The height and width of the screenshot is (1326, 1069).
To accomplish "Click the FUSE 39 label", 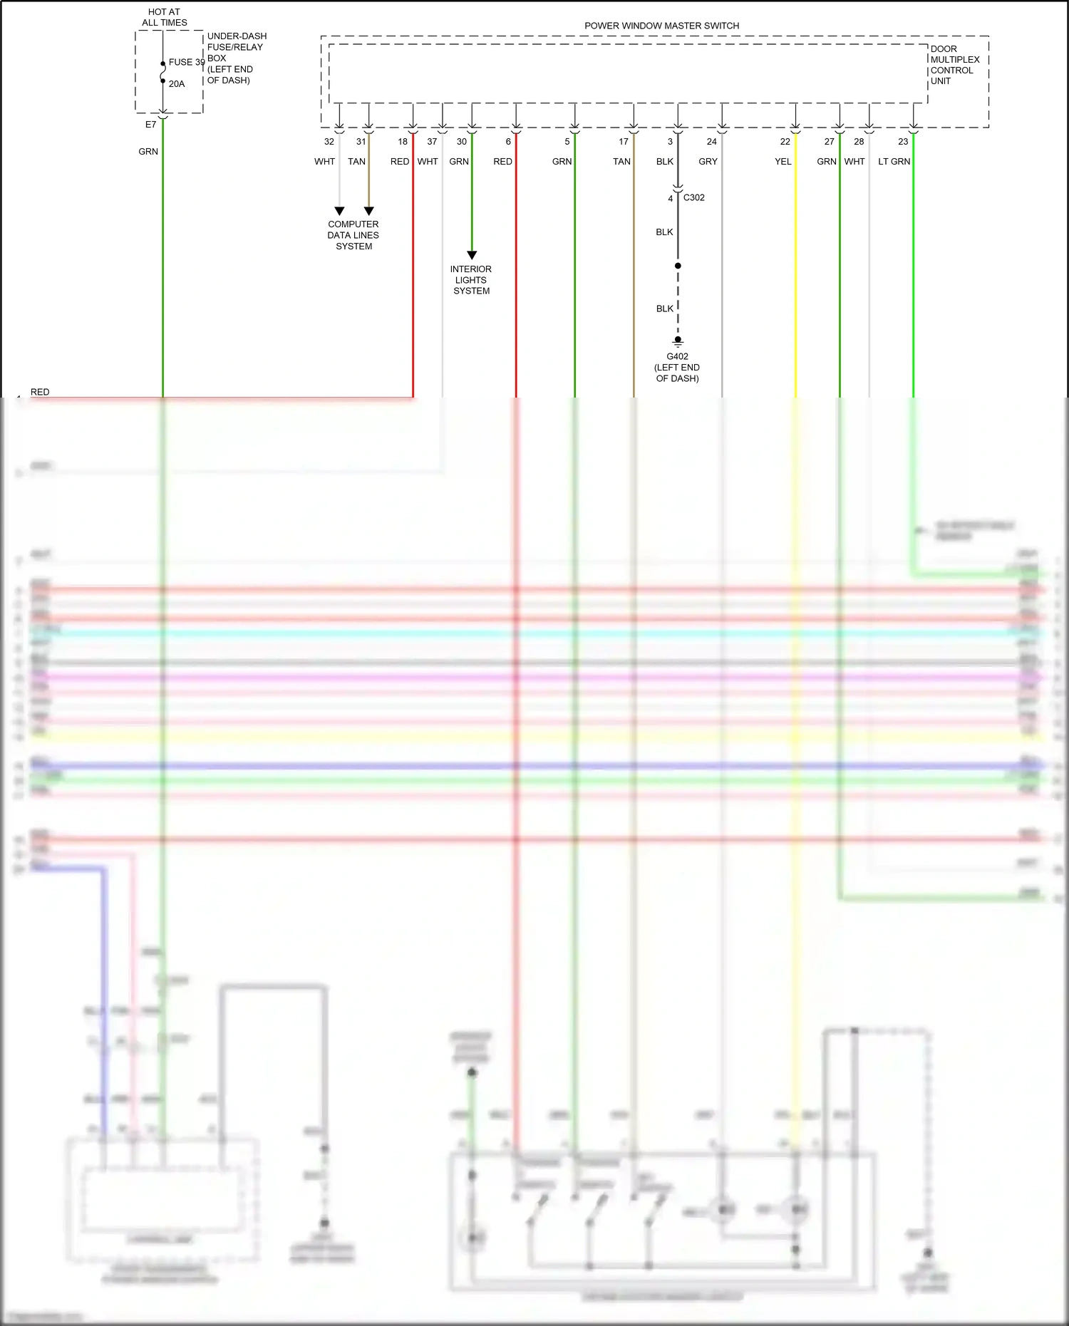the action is [186, 63].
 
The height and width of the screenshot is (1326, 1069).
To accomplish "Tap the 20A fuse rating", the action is [177, 84].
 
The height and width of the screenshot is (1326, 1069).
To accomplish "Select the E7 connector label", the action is [150, 125].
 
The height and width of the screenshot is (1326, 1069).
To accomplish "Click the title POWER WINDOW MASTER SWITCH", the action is [661, 26].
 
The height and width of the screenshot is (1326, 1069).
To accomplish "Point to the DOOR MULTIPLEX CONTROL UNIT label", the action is [954, 65].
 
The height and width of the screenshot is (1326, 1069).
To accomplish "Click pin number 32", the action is [329, 142].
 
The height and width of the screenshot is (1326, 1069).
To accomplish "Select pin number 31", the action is [361, 142].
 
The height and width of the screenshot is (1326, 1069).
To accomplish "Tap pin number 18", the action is [403, 142].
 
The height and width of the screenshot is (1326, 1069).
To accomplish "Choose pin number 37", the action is [432, 142].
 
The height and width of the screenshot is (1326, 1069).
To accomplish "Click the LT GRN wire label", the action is [894, 162].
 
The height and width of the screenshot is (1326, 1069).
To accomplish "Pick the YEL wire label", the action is [783, 162].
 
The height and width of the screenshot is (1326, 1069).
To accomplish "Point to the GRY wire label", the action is [708, 162].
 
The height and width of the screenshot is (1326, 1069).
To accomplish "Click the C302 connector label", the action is [693, 197].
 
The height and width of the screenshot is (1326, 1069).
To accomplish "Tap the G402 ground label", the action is [677, 357].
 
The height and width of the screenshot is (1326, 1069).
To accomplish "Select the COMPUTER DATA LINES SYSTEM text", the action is [353, 235].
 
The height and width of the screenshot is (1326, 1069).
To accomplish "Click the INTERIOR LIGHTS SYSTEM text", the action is [471, 280].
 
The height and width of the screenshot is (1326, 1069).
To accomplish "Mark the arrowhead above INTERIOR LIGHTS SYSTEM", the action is [472, 255].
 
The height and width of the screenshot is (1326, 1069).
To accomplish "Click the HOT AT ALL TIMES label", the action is [164, 17].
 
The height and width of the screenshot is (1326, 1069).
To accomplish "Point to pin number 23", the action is [903, 142].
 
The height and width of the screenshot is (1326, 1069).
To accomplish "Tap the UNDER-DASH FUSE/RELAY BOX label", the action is [236, 58].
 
